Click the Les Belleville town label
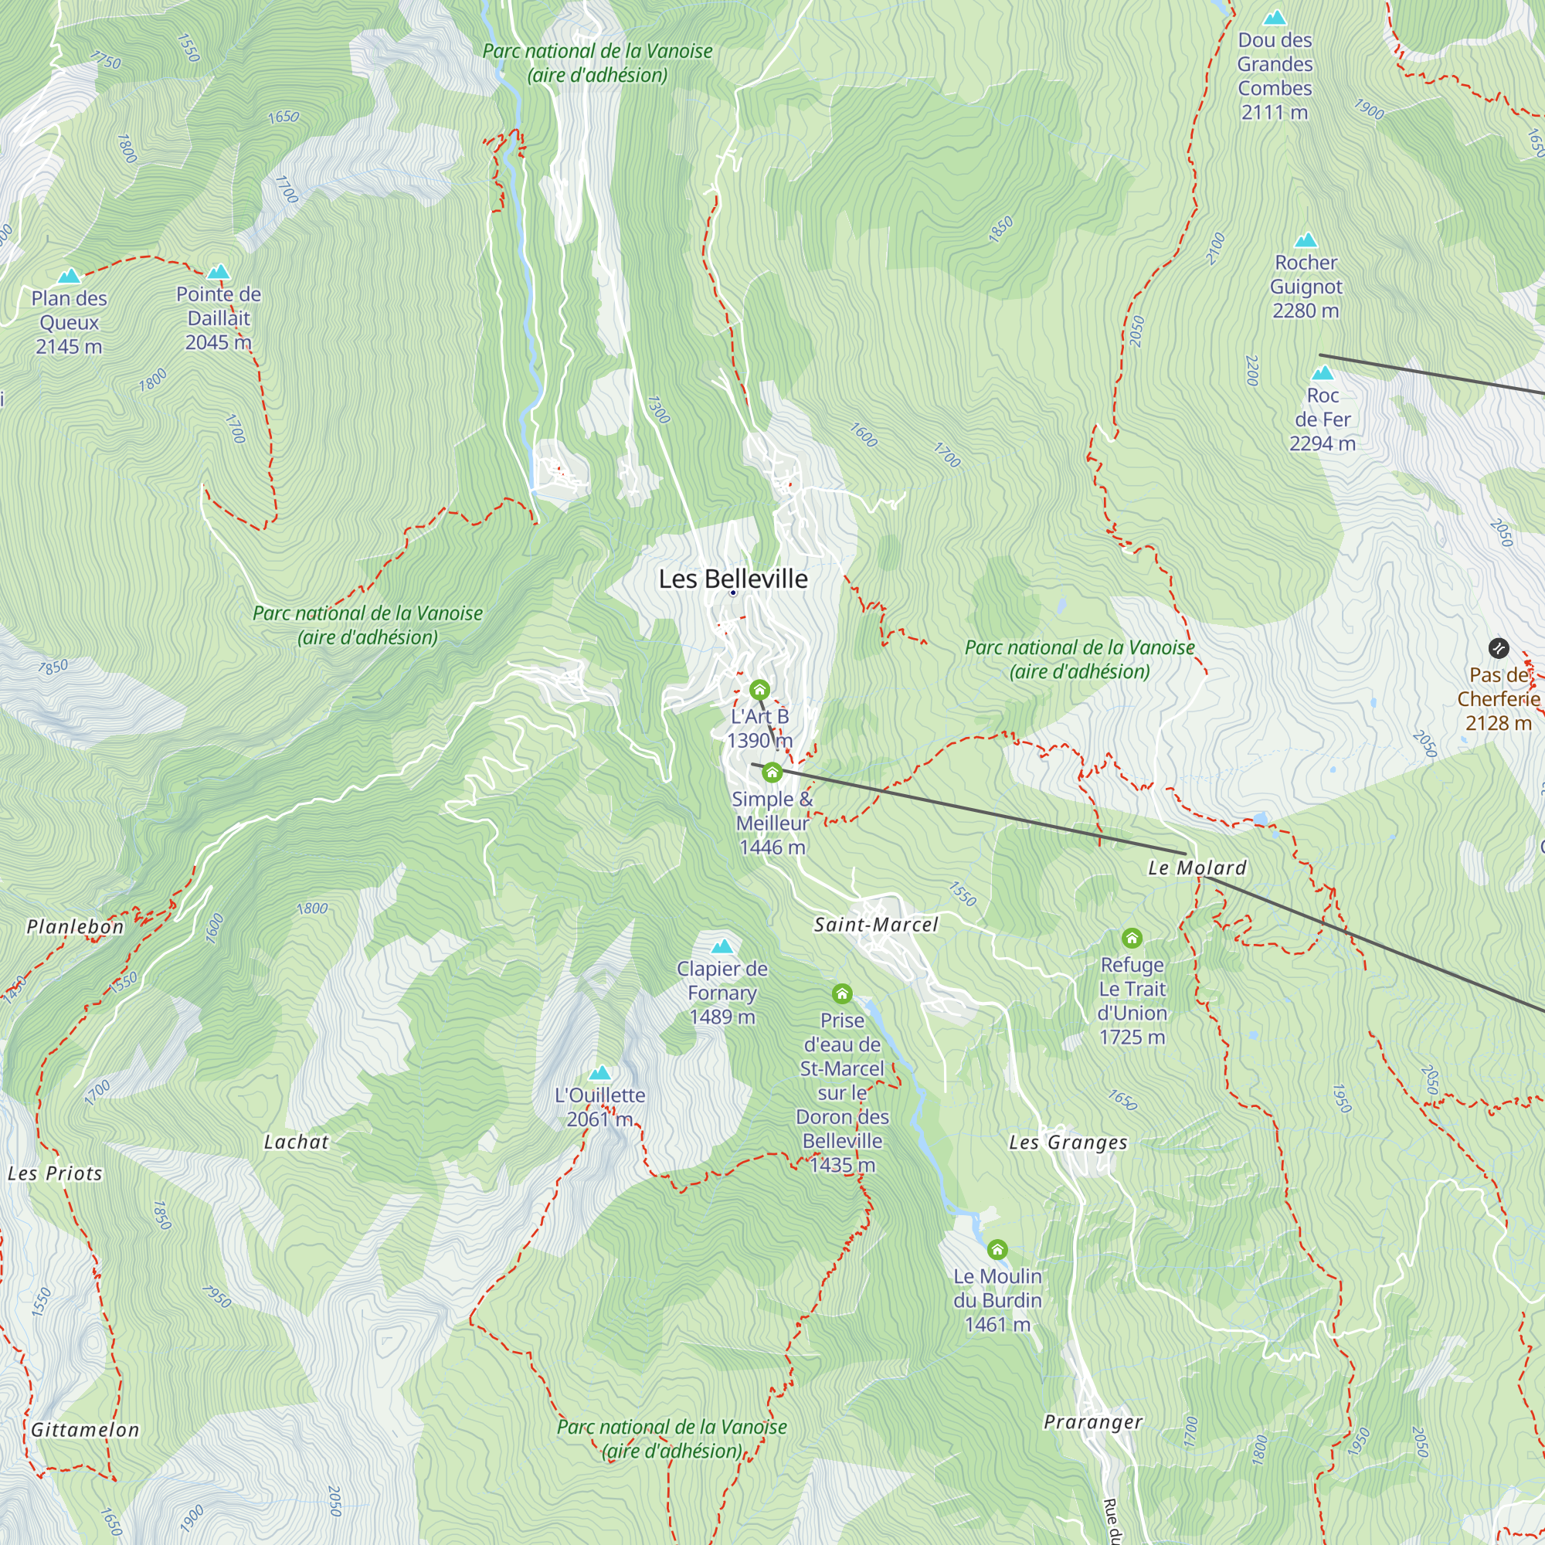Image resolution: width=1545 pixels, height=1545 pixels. click(x=732, y=579)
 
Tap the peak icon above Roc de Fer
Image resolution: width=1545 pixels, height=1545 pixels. click(x=1323, y=373)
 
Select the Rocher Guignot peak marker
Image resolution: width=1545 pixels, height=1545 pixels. click(x=1305, y=240)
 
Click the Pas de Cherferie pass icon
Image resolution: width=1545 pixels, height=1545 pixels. click(x=1498, y=648)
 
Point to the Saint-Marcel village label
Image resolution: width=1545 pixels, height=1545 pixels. click(x=876, y=925)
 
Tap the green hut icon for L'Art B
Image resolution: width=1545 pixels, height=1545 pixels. click(x=759, y=689)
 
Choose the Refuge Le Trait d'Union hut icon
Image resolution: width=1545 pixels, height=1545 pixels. click(x=1132, y=938)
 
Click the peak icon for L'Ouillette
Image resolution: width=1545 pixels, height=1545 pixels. click(x=599, y=1074)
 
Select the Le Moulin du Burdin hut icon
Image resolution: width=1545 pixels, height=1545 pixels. click(x=997, y=1249)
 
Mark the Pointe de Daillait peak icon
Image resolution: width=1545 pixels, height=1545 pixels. click(x=219, y=272)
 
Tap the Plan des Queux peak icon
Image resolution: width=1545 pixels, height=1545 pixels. click(x=70, y=277)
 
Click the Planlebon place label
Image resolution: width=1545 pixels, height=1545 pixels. click(x=75, y=927)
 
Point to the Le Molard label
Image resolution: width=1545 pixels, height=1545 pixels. click(x=1197, y=868)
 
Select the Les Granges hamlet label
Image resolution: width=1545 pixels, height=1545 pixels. click(x=1068, y=1143)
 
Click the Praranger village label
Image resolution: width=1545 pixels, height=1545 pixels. click(x=1092, y=1422)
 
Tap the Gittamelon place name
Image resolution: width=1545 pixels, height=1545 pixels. click(x=85, y=1430)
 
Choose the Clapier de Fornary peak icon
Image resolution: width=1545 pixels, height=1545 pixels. click(x=722, y=947)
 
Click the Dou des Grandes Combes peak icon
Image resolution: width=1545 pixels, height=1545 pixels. click(x=1274, y=18)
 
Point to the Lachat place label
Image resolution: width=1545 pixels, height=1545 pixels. click(x=296, y=1142)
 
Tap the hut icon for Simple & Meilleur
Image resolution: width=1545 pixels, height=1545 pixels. click(x=772, y=772)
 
